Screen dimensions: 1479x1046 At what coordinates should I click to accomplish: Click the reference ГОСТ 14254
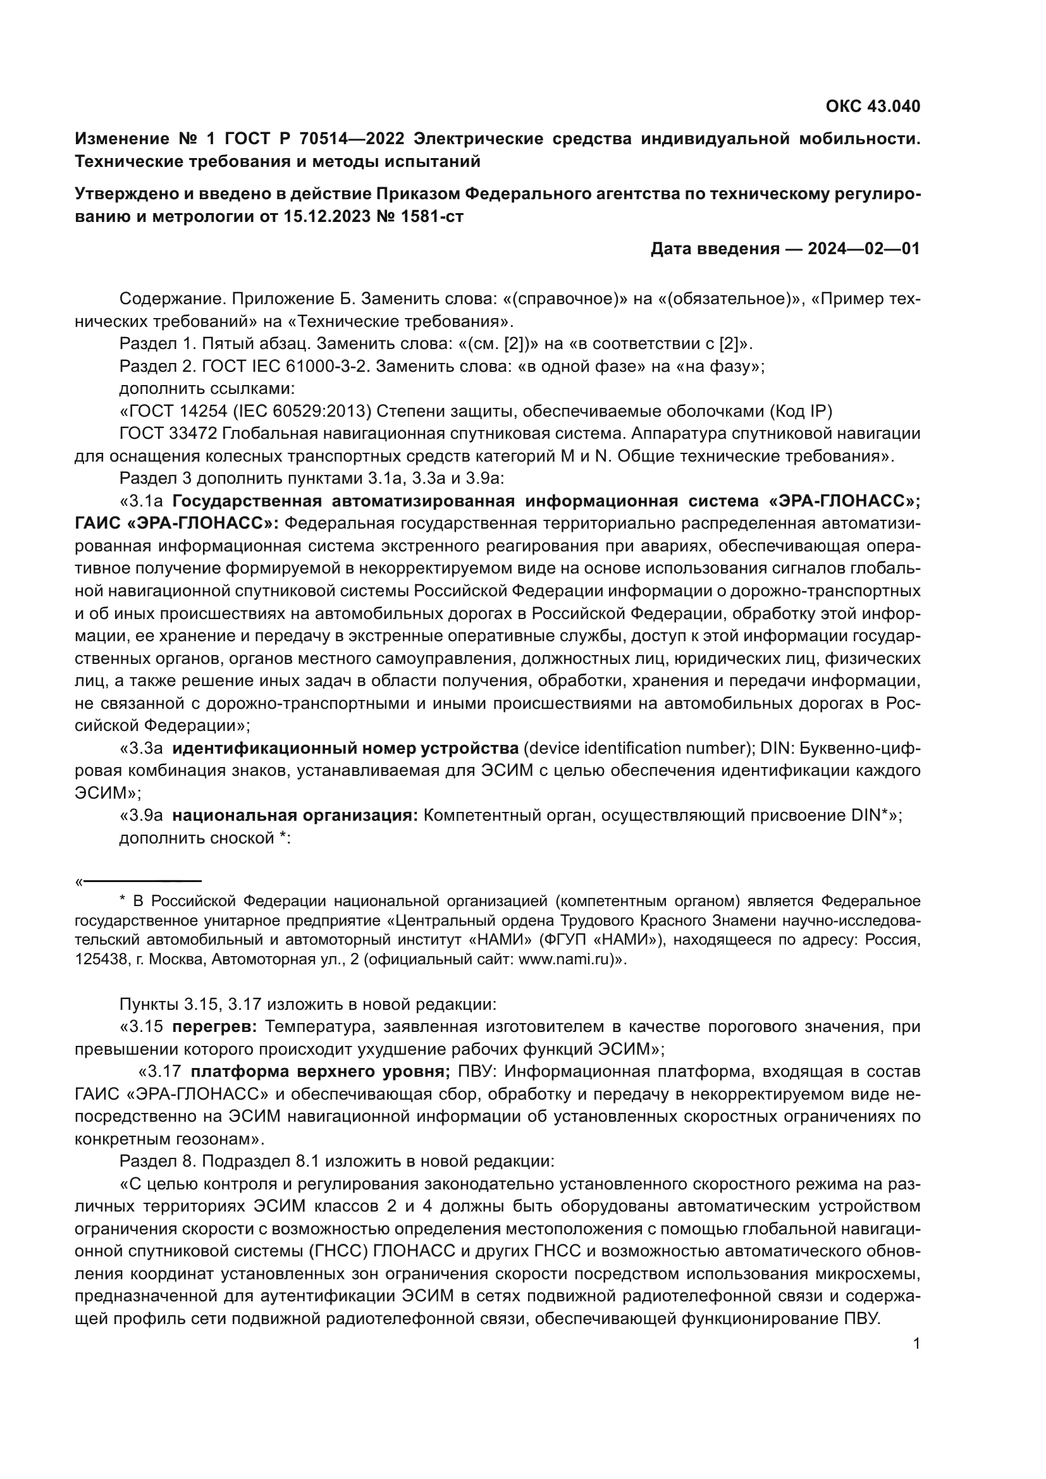pyautogui.click(x=173, y=411)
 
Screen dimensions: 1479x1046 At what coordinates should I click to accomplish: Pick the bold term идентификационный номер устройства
pyautogui.click(x=345, y=749)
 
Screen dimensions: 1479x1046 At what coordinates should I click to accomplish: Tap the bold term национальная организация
pyautogui.click(x=295, y=816)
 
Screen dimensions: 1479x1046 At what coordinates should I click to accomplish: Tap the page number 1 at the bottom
pyautogui.click(x=916, y=1344)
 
